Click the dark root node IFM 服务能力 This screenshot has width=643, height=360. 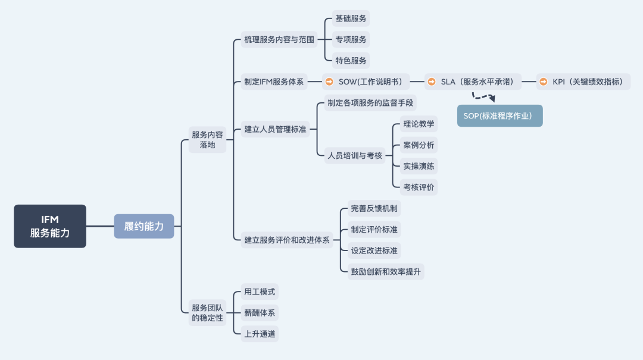pyautogui.click(x=50, y=226)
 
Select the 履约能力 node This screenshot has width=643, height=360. pyautogui.click(x=144, y=226)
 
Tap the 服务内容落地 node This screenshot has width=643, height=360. pyautogui.click(x=207, y=139)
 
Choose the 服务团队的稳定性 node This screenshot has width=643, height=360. pyautogui.click(x=207, y=312)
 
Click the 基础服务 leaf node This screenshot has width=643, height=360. pyautogui.click(x=351, y=18)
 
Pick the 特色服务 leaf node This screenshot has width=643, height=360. pyautogui.click(x=351, y=60)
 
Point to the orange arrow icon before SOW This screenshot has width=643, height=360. pyautogui.click(x=330, y=82)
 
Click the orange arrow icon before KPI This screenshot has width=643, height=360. pyautogui.click(x=544, y=82)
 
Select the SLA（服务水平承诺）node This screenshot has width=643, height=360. pyautogui.click(x=473, y=82)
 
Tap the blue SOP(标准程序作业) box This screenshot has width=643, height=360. pyautogui.click(x=500, y=115)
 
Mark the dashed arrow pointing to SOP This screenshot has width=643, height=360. pyautogui.click(x=483, y=96)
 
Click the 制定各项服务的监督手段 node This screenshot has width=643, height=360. pyautogui.click(x=370, y=103)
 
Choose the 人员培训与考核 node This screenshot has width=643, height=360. pyautogui.click(x=354, y=155)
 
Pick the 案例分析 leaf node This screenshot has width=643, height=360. pyautogui.click(x=419, y=145)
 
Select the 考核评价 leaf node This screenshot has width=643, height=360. pyautogui.click(x=419, y=187)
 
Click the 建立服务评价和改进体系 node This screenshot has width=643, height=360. pyautogui.click(x=286, y=240)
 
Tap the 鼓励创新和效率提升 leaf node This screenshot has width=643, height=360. pyautogui.click(x=386, y=271)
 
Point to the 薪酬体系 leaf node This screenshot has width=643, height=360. pyautogui.click(x=260, y=312)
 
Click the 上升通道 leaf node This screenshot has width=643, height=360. pyautogui.click(x=260, y=334)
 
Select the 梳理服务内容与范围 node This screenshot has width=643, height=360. pyautogui.click(x=279, y=40)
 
